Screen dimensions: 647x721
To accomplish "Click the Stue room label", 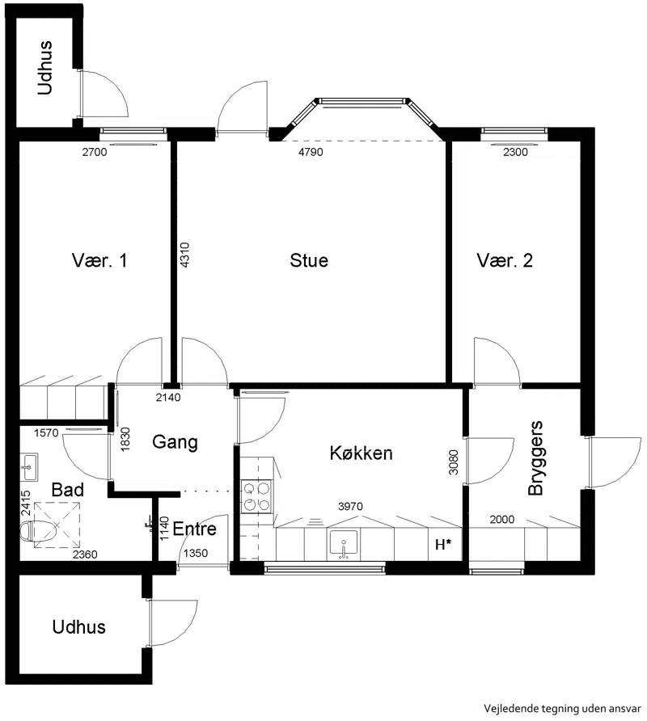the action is pyautogui.click(x=309, y=260).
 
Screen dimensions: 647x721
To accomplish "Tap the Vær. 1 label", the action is pyautogui.click(x=99, y=260).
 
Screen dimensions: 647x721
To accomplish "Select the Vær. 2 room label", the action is pyautogui.click(x=505, y=260).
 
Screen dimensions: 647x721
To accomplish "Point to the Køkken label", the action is pyautogui.click(x=362, y=453).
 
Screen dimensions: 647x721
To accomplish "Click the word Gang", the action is pyautogui.click(x=175, y=442).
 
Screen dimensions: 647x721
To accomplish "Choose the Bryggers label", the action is pyautogui.click(x=535, y=458).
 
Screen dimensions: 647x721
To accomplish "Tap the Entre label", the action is pyautogui.click(x=194, y=529).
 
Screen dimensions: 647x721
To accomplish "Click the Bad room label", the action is pyautogui.click(x=68, y=490).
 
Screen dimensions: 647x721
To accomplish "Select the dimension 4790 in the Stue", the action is pyautogui.click(x=311, y=152).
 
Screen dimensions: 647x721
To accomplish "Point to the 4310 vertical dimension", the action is pyautogui.click(x=184, y=255).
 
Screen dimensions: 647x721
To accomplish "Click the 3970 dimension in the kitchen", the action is pyautogui.click(x=350, y=506).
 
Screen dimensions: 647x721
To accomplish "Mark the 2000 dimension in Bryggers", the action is pyautogui.click(x=501, y=519).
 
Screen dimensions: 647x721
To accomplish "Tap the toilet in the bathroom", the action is pyautogui.click(x=38, y=531).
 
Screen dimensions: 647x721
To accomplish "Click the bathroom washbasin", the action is pyautogui.click(x=29, y=466).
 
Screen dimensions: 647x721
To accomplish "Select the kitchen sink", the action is pyautogui.click(x=343, y=543).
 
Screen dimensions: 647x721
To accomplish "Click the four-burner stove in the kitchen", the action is pyautogui.click(x=256, y=496).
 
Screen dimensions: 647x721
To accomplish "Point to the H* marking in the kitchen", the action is pyautogui.click(x=442, y=545).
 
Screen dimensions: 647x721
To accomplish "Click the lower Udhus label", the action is pyautogui.click(x=78, y=626).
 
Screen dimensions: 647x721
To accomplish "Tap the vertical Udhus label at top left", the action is pyautogui.click(x=44, y=68).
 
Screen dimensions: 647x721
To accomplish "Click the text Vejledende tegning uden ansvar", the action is pyautogui.click(x=562, y=708).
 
